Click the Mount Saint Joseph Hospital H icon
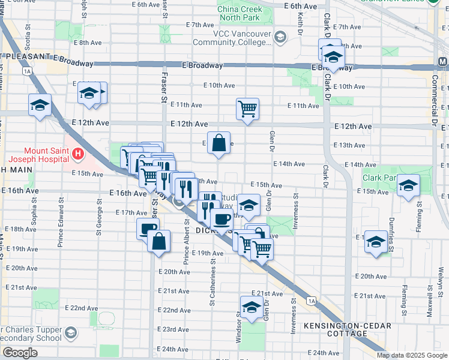(76, 155)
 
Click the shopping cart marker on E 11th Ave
(247, 109)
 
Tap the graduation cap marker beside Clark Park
(408, 186)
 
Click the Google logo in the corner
(19, 353)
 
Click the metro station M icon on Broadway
(442, 62)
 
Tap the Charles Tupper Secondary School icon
(71, 332)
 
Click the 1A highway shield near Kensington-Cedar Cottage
(310, 301)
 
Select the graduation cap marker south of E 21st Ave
(252, 307)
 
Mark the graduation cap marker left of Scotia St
(40, 105)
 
